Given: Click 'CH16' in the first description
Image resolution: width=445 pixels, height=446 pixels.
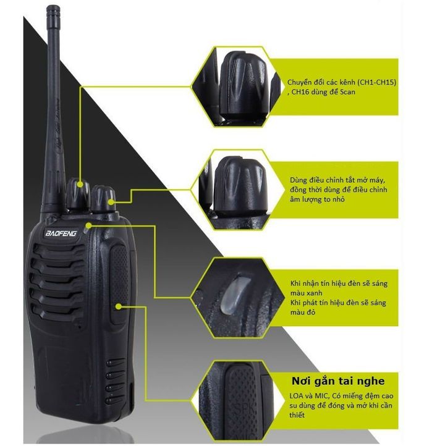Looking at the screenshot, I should tap(301, 92).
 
